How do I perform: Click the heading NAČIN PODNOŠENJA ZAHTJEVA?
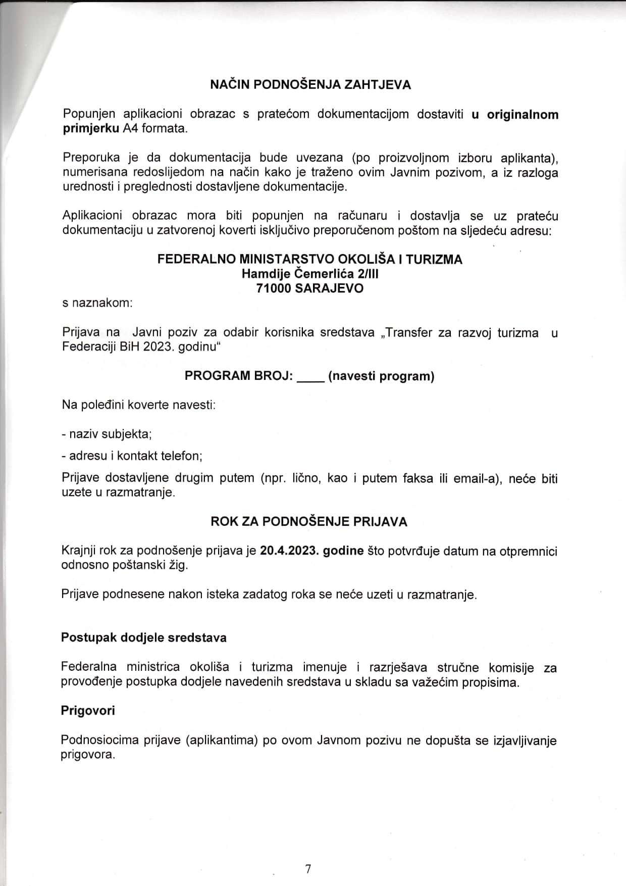[x=310, y=85]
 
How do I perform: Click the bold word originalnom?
[x=523, y=114]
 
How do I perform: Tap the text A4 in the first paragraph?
[x=130, y=128]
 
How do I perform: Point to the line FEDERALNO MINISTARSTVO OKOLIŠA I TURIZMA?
[x=309, y=259]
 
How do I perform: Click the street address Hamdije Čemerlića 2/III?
[x=309, y=274]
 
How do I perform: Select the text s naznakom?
[x=97, y=304]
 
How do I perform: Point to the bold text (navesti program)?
[x=381, y=376]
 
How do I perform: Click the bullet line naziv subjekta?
[x=107, y=434]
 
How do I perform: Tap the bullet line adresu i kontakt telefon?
[x=132, y=456]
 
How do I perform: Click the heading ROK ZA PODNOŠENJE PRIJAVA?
[x=308, y=522]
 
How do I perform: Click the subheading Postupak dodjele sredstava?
[x=144, y=637]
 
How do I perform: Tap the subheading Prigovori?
[x=88, y=711]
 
